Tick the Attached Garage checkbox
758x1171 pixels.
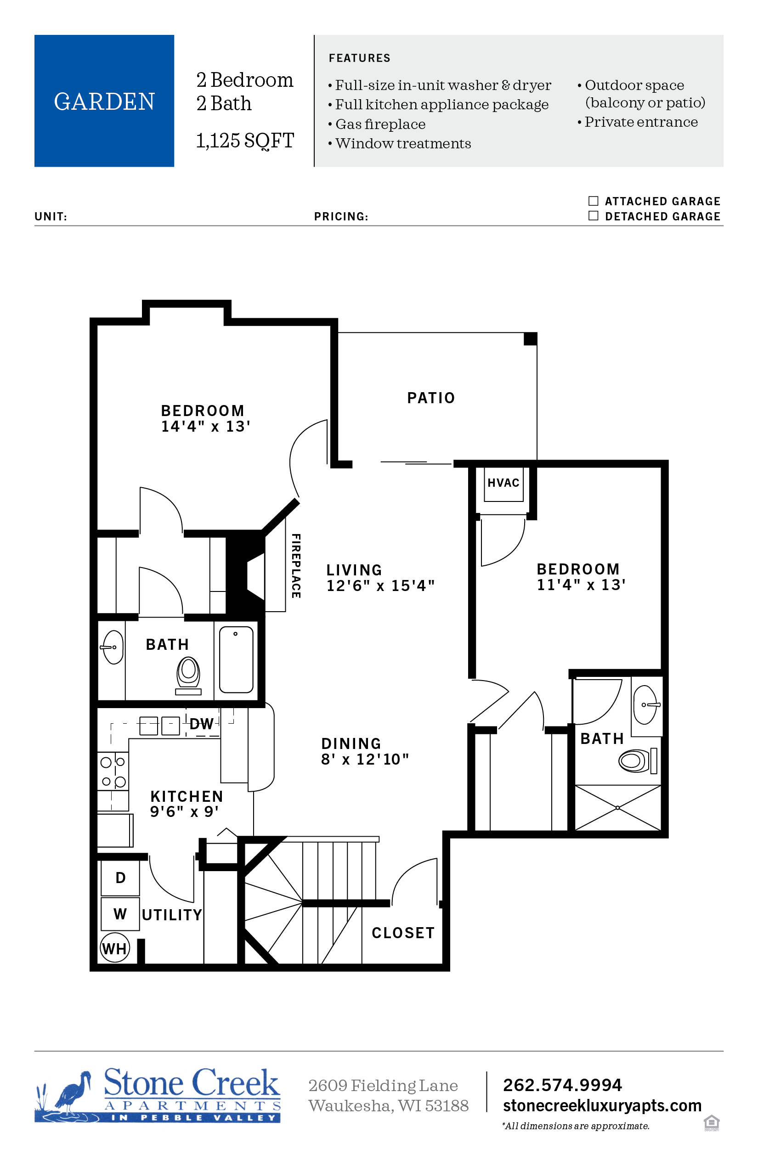tap(593, 201)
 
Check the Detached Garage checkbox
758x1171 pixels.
tap(593, 215)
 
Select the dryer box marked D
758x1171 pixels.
tap(120, 878)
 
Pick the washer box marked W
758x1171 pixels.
tap(120, 914)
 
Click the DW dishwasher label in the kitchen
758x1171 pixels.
tap(201, 724)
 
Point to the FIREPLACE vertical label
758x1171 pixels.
tap(296, 566)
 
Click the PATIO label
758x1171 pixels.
tap(431, 398)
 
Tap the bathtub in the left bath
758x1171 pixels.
tap(236, 659)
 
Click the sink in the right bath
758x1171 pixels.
tap(647, 705)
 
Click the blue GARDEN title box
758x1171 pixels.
tap(104, 101)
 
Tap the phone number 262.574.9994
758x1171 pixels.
tap(563, 1085)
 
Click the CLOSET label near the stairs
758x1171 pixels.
tap(403, 933)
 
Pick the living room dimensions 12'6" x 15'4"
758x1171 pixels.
tap(381, 585)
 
